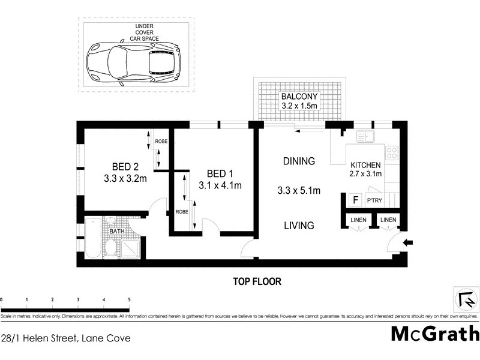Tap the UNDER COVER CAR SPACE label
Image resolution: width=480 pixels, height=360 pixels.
[x=142, y=32]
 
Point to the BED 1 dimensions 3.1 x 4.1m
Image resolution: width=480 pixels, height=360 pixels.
[x=220, y=185]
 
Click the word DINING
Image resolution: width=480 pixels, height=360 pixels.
[x=298, y=161]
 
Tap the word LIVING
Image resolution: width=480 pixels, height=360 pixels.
[x=298, y=226]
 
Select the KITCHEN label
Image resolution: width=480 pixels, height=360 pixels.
[x=365, y=165]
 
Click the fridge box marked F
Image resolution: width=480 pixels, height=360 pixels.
[x=355, y=200]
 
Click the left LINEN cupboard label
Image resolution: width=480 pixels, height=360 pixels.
[x=359, y=221]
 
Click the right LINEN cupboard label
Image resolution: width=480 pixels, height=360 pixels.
[x=388, y=221]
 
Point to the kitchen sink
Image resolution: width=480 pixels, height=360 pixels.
[x=365, y=137]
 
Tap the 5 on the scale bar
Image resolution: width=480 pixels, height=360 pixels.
[x=129, y=299]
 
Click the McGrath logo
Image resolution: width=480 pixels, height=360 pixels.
[x=435, y=334]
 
